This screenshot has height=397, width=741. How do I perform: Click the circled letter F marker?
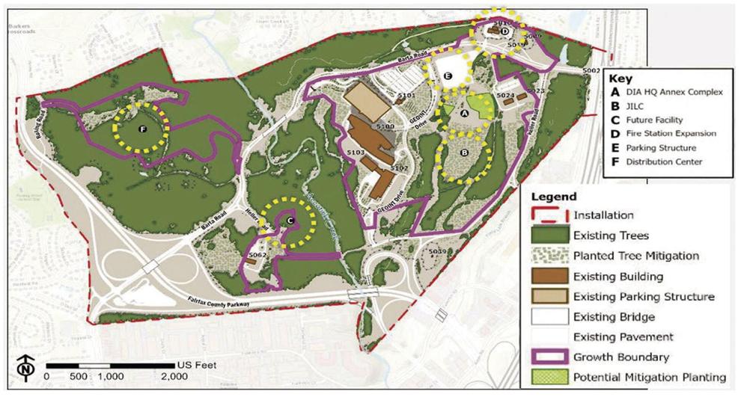(142, 129)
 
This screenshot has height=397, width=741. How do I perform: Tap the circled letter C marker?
(289, 220)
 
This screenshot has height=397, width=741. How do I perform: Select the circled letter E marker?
(447, 76)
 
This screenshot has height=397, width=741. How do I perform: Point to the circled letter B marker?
(464, 153)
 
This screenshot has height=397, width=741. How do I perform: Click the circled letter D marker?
(504, 31)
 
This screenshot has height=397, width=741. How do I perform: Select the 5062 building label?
(257, 255)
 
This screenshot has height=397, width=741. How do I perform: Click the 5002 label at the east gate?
(592, 70)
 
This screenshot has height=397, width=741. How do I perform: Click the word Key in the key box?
(620, 78)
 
